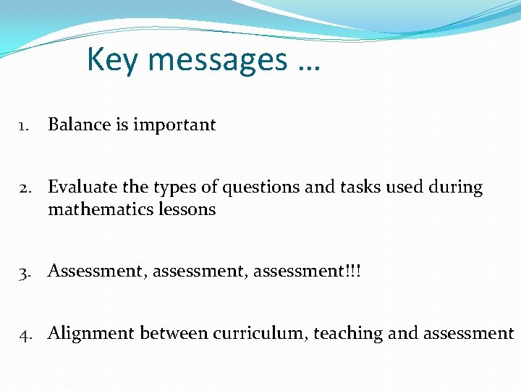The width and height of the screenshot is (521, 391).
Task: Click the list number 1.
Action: [23, 125]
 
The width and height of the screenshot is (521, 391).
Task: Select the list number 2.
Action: [23, 188]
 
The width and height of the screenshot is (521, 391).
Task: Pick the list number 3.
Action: [23, 272]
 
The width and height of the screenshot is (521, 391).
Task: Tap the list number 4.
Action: [23, 334]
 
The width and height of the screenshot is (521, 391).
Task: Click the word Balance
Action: [79, 125]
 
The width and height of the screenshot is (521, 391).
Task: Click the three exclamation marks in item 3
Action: [355, 271]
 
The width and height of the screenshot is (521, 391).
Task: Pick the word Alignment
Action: [91, 333]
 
